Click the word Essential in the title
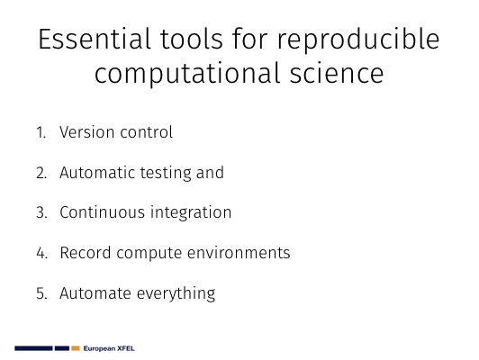pos(95,39)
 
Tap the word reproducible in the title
pos(358,41)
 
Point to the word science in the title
pos(337,73)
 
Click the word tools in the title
pos(192,39)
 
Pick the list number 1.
pos(41,132)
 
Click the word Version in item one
pos(87,132)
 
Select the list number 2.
pos(41,173)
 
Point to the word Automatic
pos(97,173)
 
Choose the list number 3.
pos(41,212)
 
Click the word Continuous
pos(103,212)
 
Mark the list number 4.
pos(41,253)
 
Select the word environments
pos(239,253)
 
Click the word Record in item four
pos(86,253)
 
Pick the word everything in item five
pos(176,294)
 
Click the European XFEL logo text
pos(109,348)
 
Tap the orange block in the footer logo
pos(76,348)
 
